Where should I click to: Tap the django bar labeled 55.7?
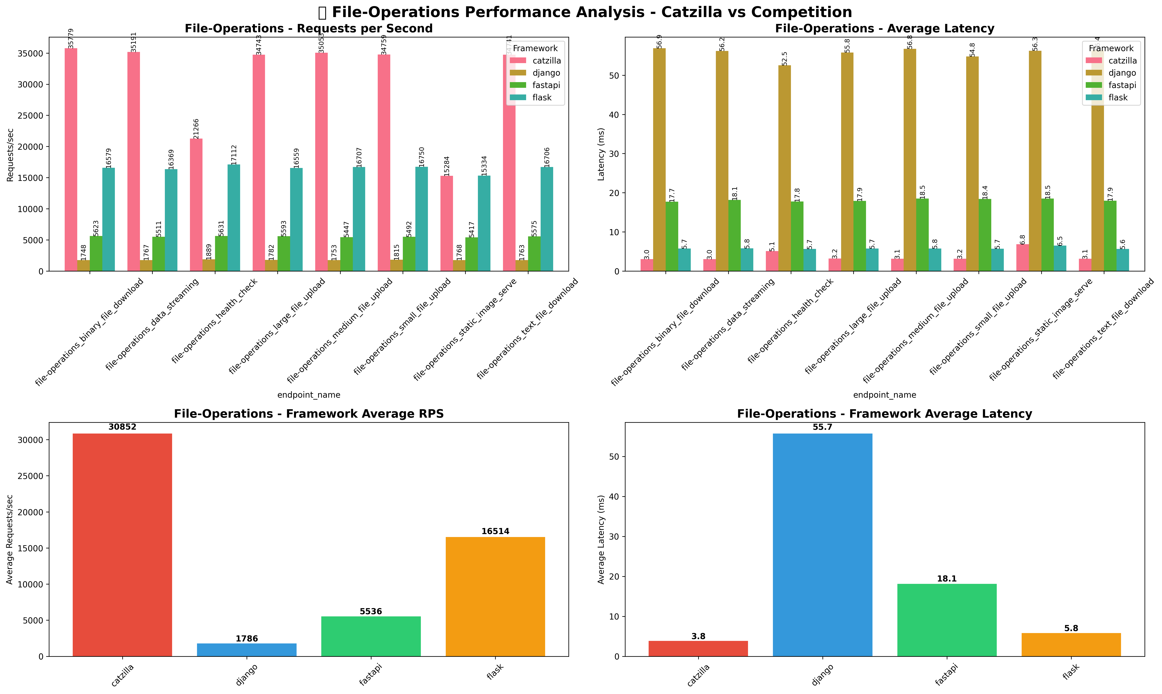[822, 545]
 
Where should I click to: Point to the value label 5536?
[371, 611]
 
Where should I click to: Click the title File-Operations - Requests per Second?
[309, 29]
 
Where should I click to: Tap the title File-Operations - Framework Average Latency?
[884, 414]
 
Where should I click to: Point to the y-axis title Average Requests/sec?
[10, 539]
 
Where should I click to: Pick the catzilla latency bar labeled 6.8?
[1022, 258]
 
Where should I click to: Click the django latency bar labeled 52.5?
[785, 168]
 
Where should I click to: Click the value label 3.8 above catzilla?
[698, 637]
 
